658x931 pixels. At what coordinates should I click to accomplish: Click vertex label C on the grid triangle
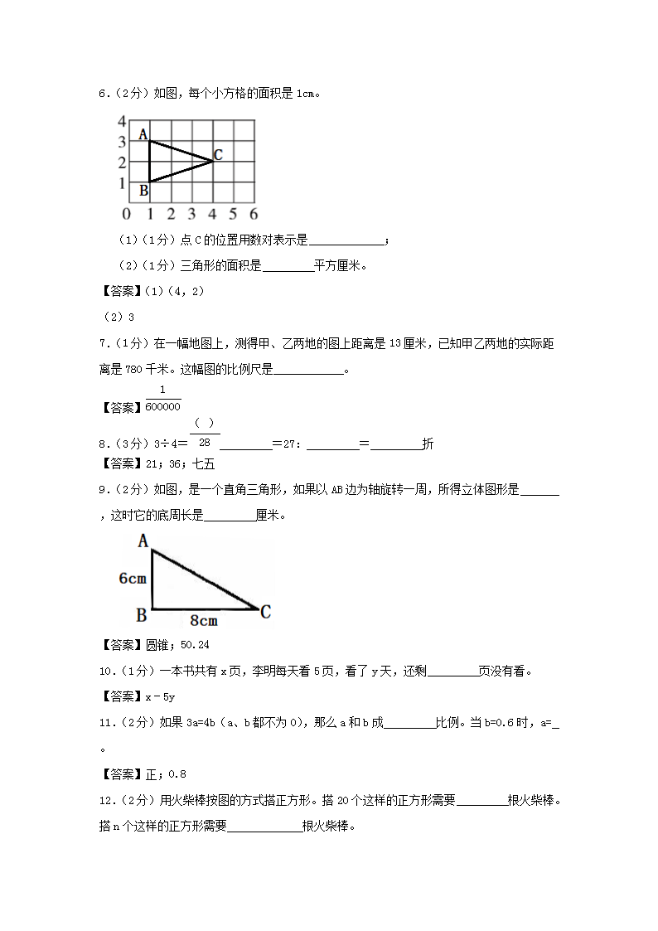pos(218,154)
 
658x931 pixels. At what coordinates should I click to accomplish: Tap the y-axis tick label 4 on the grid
pos(121,121)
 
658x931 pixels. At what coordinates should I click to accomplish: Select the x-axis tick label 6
pos(254,214)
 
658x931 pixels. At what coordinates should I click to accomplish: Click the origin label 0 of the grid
pos(126,214)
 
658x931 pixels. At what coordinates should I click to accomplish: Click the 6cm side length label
pos(133,579)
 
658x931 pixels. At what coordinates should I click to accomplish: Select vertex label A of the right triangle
pos(143,541)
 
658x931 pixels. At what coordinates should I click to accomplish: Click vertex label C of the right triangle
pos(265,613)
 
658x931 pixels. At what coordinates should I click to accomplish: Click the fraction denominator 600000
pos(162,407)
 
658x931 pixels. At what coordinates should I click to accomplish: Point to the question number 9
pos(102,490)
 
